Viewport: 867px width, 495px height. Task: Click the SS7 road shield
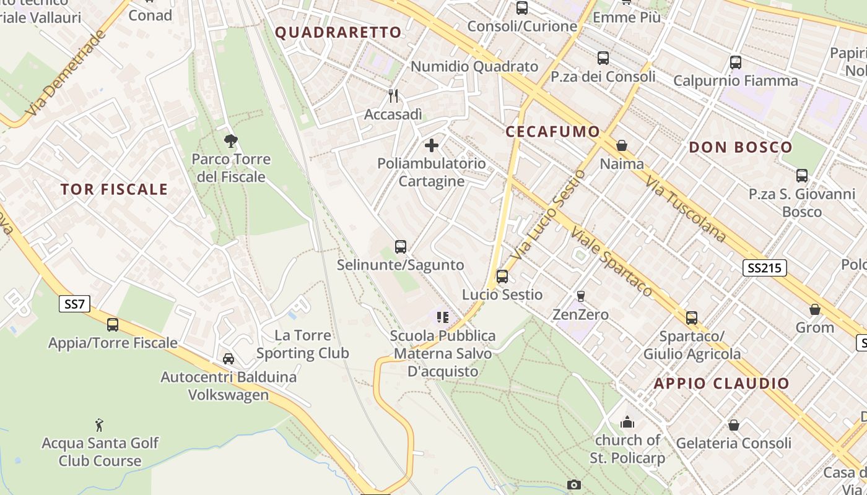tap(75, 304)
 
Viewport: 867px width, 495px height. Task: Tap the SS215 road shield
tap(765, 268)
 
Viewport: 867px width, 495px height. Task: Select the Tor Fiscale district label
tap(114, 189)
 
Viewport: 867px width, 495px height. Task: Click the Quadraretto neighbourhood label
tap(338, 33)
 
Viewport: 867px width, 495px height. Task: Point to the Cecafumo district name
tap(553, 132)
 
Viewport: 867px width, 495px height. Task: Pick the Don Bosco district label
tap(741, 147)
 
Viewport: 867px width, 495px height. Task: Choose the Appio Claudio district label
tap(721, 384)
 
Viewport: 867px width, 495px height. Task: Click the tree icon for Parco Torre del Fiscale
tap(231, 141)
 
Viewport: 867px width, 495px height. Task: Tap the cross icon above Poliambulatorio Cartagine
tap(432, 146)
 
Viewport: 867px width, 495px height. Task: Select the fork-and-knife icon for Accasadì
tap(393, 96)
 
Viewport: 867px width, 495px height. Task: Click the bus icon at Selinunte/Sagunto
tap(401, 247)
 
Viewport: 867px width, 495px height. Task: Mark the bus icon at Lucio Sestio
tap(502, 277)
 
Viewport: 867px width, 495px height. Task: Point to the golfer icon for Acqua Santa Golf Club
tap(100, 425)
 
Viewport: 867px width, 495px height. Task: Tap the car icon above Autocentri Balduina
tap(228, 359)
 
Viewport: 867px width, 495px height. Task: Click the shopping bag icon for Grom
tap(815, 309)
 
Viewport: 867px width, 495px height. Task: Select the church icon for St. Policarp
tap(627, 423)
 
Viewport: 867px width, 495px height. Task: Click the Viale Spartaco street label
tap(612, 262)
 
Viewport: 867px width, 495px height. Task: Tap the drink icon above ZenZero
tap(580, 296)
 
